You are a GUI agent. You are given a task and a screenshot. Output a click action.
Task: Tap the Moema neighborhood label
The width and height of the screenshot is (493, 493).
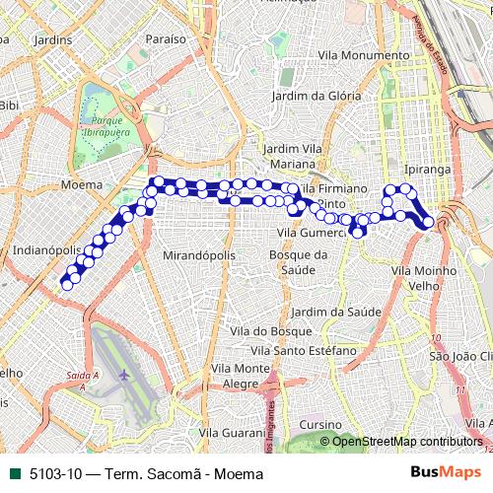pos(81,184)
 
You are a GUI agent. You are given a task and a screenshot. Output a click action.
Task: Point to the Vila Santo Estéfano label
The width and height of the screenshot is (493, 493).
pos(303,350)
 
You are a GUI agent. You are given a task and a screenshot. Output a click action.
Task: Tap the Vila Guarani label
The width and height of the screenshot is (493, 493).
pos(233,432)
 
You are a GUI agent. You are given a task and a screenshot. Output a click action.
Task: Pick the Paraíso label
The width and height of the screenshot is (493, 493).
pos(165,38)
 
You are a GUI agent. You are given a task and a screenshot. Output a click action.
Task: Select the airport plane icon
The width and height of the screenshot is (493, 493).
pos(123,375)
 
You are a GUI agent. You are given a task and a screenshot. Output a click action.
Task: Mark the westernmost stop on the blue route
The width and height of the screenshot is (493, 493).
pos(66,284)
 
